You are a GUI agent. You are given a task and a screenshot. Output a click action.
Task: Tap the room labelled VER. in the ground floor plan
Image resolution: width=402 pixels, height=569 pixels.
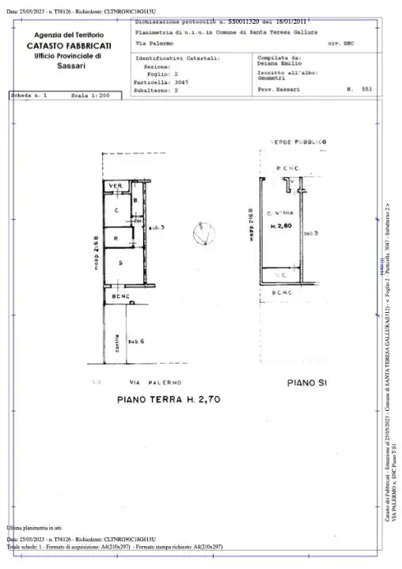[x=115, y=187]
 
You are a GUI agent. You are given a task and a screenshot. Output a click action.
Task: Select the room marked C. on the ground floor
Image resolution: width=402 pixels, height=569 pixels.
[x=116, y=210]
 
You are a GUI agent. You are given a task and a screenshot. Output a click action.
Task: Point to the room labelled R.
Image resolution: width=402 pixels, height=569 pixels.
[x=116, y=238]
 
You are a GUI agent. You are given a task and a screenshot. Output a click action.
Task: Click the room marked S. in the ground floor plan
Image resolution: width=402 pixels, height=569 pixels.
[x=120, y=262]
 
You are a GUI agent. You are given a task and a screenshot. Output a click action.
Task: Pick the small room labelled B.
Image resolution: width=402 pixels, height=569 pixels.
[x=136, y=202]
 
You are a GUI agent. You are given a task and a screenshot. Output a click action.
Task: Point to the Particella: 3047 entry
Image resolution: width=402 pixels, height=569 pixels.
[x=161, y=82]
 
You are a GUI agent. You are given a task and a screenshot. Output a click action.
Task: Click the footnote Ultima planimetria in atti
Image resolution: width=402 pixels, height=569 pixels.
[x=33, y=526]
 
